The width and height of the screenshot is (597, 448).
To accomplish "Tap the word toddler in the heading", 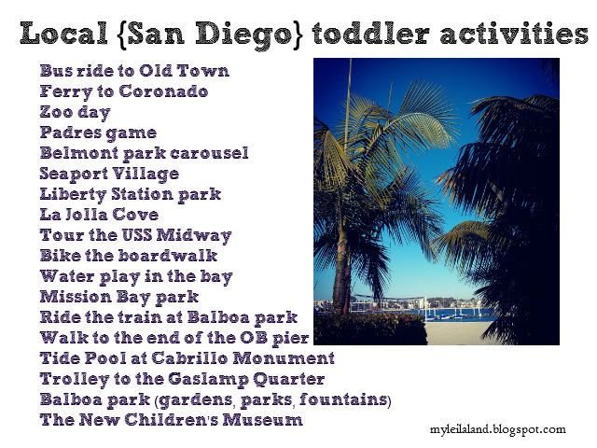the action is (372, 33).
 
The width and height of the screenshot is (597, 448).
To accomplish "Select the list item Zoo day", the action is (75, 113).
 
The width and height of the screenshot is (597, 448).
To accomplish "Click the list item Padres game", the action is (98, 133).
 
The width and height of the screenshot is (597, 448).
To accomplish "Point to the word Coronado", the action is (163, 91).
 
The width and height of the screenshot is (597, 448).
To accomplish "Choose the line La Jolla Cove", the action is (99, 215).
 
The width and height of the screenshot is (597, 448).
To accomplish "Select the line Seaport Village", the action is (109, 175).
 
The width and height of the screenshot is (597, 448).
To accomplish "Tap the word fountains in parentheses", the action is (342, 399).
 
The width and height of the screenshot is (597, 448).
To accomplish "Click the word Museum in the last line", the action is (262, 420).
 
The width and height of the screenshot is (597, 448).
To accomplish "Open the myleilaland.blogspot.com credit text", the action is (497, 430).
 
